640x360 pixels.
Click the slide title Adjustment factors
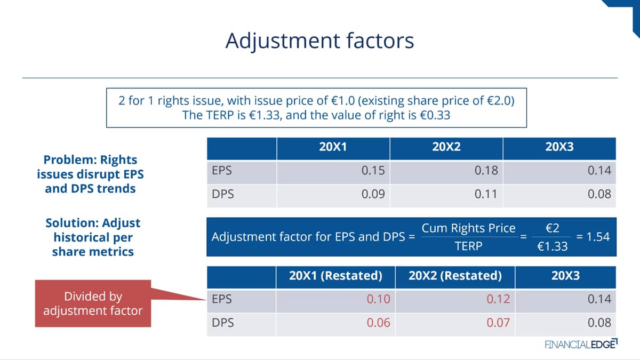pos(319,41)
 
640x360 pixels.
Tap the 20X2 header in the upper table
pos(446,147)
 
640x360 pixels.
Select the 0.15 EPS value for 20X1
pos(373,171)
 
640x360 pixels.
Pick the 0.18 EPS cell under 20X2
pos(486,171)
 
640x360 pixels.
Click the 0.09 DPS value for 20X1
pos(373,194)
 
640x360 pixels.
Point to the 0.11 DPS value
pos(486,194)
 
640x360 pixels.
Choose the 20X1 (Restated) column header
pos(335,276)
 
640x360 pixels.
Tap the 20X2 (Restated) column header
pos(455,276)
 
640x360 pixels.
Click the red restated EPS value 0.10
pos(379,299)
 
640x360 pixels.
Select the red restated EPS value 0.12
pos(498,299)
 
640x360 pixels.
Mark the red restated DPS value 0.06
pos(379,323)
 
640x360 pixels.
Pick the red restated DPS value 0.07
pos(498,323)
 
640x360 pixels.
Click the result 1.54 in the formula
pos(598,237)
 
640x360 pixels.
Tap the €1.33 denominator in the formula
pos(553,246)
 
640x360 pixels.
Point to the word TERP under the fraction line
pos(469,246)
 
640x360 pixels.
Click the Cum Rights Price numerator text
pos(469,228)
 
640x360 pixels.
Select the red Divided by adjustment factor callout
pos(93,303)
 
